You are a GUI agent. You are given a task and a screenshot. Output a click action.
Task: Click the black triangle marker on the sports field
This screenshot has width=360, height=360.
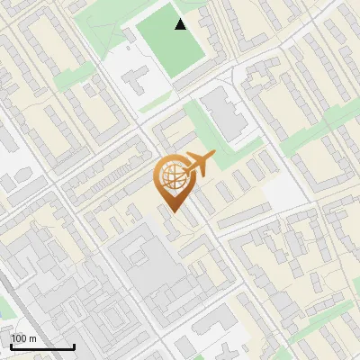[181, 24]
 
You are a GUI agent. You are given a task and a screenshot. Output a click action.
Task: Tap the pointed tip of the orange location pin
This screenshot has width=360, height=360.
[174, 211]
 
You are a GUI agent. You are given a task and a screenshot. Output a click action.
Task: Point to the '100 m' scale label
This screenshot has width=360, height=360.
[24, 338]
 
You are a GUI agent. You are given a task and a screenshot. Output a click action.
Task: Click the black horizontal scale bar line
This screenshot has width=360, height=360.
[42, 346]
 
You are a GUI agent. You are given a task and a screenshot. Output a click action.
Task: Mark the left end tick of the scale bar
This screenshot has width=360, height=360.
[11, 345]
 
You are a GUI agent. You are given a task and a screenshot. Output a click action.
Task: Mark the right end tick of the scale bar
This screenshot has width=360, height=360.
[74, 345]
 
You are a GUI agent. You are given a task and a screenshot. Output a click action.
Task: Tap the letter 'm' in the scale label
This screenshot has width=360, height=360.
[32, 338]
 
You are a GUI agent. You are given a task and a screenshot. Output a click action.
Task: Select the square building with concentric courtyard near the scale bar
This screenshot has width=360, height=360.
[107, 319]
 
